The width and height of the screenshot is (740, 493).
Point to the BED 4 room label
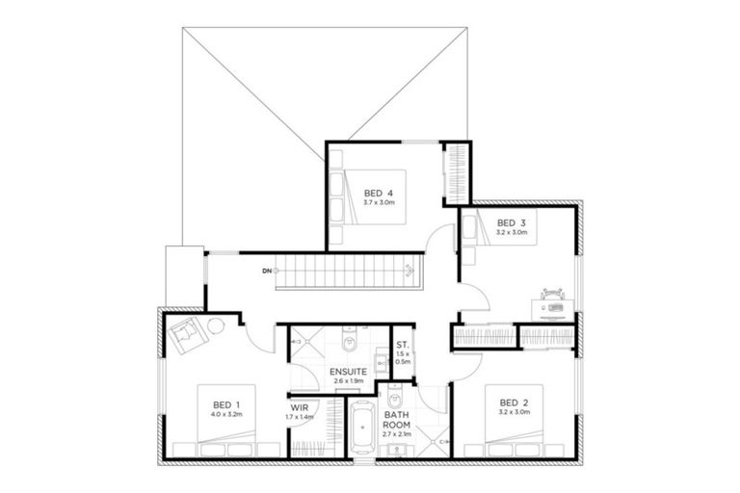tap(379, 192)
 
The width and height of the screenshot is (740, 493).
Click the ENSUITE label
tap(347, 372)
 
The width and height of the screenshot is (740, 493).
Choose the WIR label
tap(300, 407)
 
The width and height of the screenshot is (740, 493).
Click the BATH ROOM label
tap(397, 422)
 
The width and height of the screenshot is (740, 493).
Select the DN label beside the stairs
tap(266, 272)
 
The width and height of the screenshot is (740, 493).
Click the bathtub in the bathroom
tap(363, 428)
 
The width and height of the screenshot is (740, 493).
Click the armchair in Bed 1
tap(186, 333)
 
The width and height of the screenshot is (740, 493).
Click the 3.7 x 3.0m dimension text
tap(379, 202)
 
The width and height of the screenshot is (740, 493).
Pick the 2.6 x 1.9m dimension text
tap(347, 382)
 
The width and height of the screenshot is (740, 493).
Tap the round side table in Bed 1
tap(217, 325)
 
